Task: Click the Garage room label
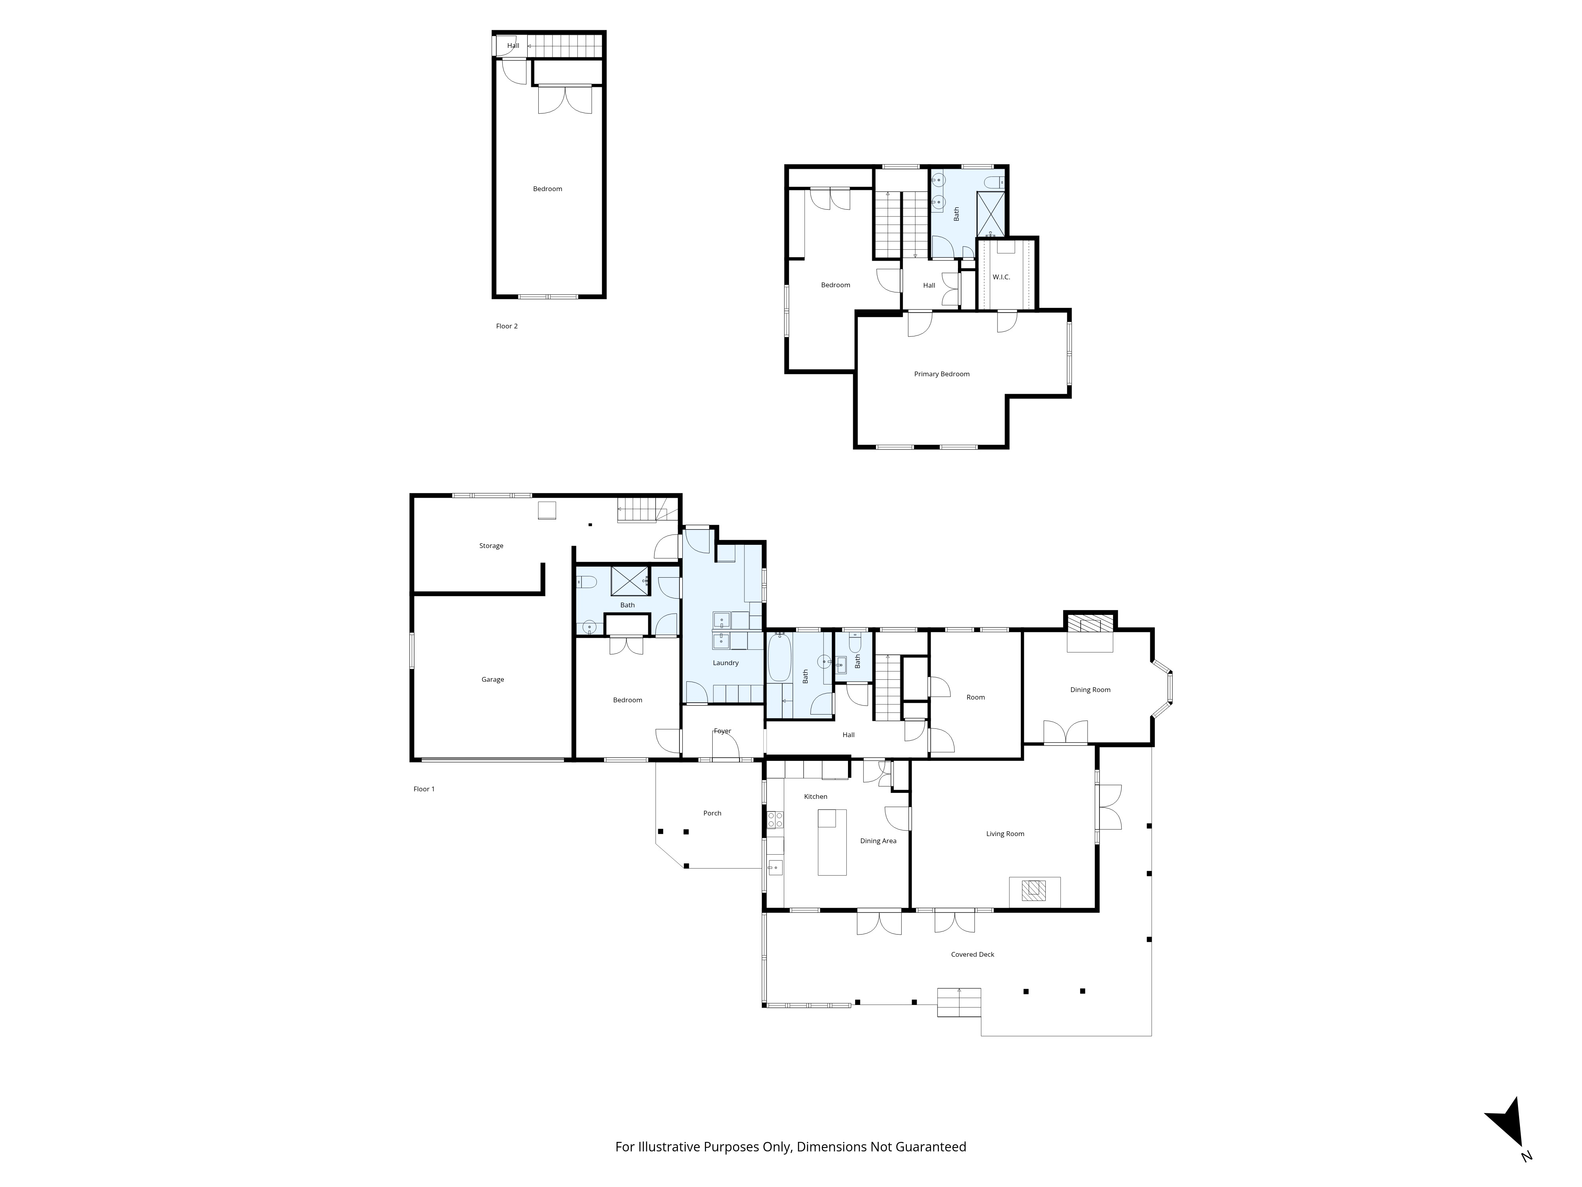493,680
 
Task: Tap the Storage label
491,546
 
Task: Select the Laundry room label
725,663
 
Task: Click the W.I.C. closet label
1001,277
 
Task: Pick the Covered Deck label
973,954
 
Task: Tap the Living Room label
1005,834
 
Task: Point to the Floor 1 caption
424,789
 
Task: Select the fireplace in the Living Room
1034,891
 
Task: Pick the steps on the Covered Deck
959,1002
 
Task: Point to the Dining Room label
1090,690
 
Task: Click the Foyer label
722,731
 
